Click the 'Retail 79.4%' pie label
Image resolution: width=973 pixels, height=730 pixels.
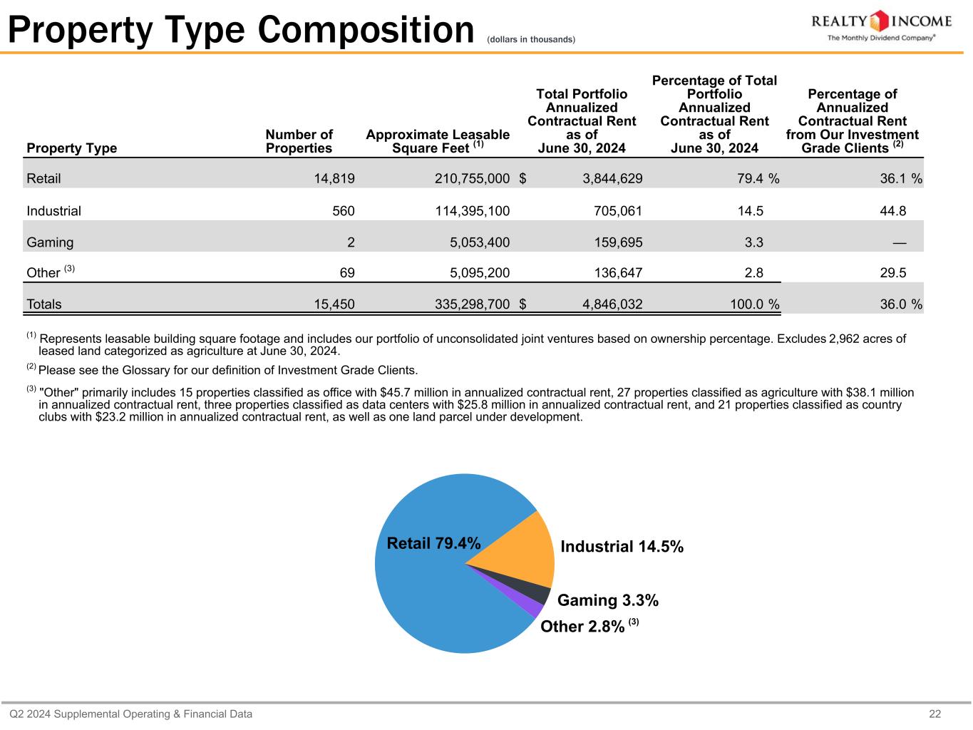click(x=433, y=543)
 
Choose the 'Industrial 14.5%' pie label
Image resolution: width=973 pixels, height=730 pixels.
click(x=622, y=547)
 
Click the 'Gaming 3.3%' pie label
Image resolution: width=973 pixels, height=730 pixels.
click(x=607, y=601)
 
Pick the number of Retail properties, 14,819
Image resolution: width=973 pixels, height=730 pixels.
click(x=334, y=178)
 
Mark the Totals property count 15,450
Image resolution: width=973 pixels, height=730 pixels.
click(x=334, y=304)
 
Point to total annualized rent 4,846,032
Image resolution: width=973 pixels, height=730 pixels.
click(x=612, y=304)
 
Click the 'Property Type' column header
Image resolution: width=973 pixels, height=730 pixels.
click(x=71, y=148)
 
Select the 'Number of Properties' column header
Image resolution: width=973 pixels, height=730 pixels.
click(x=299, y=141)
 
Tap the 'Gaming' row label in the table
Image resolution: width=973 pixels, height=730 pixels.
click(x=50, y=242)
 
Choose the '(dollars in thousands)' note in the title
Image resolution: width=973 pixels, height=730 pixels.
click(x=530, y=39)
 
